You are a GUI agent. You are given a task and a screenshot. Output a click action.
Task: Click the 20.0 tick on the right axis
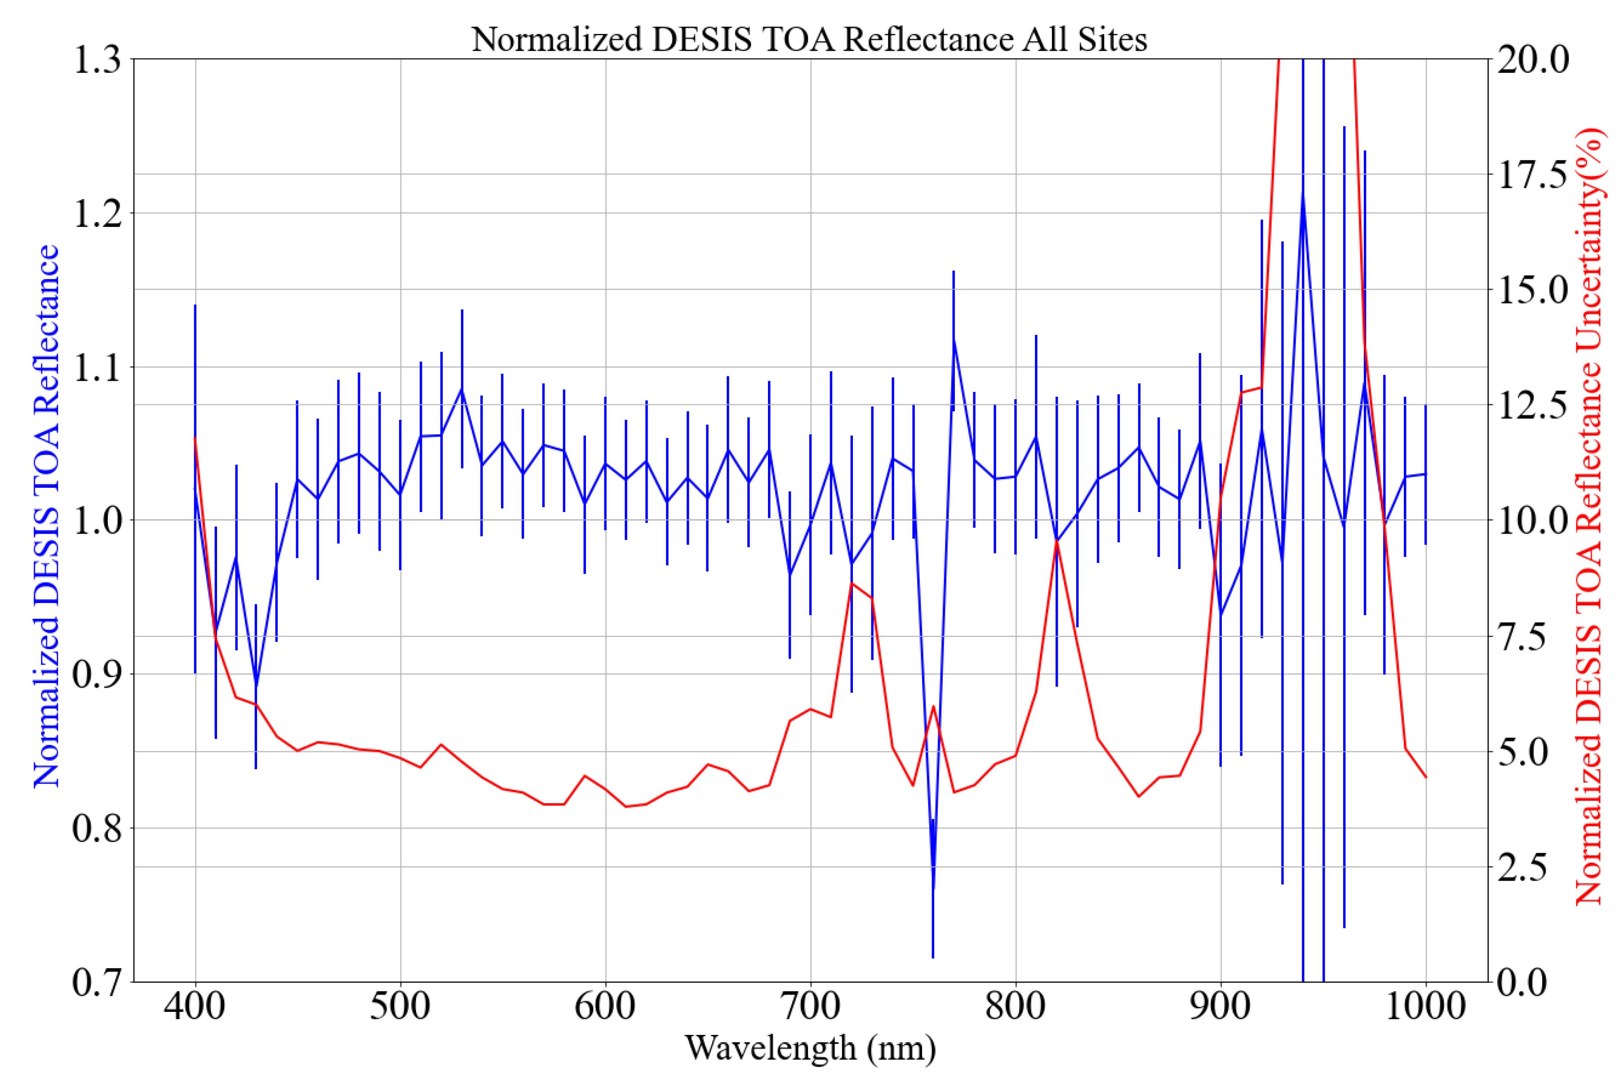(1533, 60)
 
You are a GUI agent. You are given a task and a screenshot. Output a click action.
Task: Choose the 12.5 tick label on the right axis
(1533, 405)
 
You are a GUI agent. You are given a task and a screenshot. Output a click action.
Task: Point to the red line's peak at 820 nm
(1056, 542)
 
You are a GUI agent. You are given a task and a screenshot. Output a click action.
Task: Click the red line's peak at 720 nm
(852, 584)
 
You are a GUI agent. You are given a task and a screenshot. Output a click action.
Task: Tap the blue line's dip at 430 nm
(256, 686)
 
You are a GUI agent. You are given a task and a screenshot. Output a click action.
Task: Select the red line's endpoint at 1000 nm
(1426, 778)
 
